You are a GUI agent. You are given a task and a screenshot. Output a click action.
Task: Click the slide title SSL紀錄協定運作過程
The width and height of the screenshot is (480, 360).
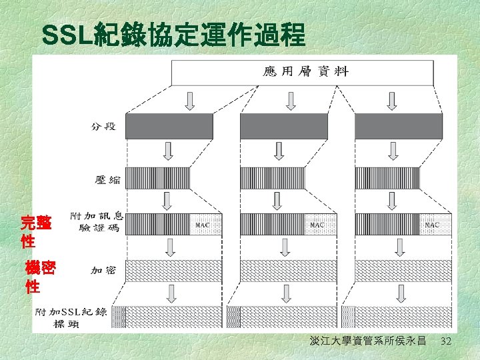click(x=173, y=35)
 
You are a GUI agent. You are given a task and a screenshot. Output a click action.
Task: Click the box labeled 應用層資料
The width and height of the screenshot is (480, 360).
click(x=306, y=72)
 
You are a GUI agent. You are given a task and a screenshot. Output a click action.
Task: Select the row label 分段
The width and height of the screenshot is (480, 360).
click(x=103, y=126)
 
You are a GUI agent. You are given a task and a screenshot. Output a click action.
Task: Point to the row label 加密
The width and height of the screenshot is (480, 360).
click(x=103, y=271)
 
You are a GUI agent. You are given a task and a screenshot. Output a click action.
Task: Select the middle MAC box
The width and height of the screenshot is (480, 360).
click(x=317, y=225)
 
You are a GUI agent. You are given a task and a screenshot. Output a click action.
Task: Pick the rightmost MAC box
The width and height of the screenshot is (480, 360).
click(x=432, y=225)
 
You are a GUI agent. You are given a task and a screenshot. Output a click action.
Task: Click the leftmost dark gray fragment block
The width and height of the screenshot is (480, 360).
click(x=169, y=126)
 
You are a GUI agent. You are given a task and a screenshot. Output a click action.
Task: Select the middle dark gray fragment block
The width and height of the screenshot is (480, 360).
click(x=284, y=126)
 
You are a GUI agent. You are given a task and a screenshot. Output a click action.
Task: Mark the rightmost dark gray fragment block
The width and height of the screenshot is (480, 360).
click(x=399, y=126)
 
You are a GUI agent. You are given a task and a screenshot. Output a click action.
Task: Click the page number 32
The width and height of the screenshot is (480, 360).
click(x=447, y=341)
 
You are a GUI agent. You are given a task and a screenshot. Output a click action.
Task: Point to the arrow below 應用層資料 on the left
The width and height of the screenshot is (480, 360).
click(x=190, y=101)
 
